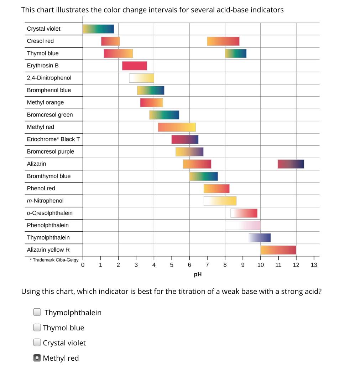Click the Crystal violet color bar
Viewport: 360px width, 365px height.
(98, 29)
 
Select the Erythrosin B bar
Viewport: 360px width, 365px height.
(134, 66)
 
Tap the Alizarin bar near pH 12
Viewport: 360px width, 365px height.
(291, 164)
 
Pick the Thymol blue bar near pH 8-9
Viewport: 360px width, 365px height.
(235, 53)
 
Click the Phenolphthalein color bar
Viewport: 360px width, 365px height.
(242, 225)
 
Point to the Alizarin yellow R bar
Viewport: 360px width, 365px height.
(278, 250)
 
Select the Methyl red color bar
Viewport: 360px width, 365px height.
(177, 127)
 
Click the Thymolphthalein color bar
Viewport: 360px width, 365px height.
(260, 238)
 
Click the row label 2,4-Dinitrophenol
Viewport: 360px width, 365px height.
(49, 78)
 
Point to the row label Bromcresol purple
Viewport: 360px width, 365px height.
(51, 151)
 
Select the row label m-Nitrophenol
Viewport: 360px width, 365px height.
(45, 201)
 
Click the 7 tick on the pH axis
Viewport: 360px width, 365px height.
(207, 265)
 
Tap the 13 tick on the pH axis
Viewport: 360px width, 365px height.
(314, 265)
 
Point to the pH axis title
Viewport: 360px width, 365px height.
(198, 274)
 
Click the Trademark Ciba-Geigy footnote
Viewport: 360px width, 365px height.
(54, 260)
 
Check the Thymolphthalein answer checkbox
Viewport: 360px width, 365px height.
(37, 312)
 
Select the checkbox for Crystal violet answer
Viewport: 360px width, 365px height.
(37, 343)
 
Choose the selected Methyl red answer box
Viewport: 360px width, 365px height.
(37, 358)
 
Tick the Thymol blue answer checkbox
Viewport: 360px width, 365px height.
(37, 327)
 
